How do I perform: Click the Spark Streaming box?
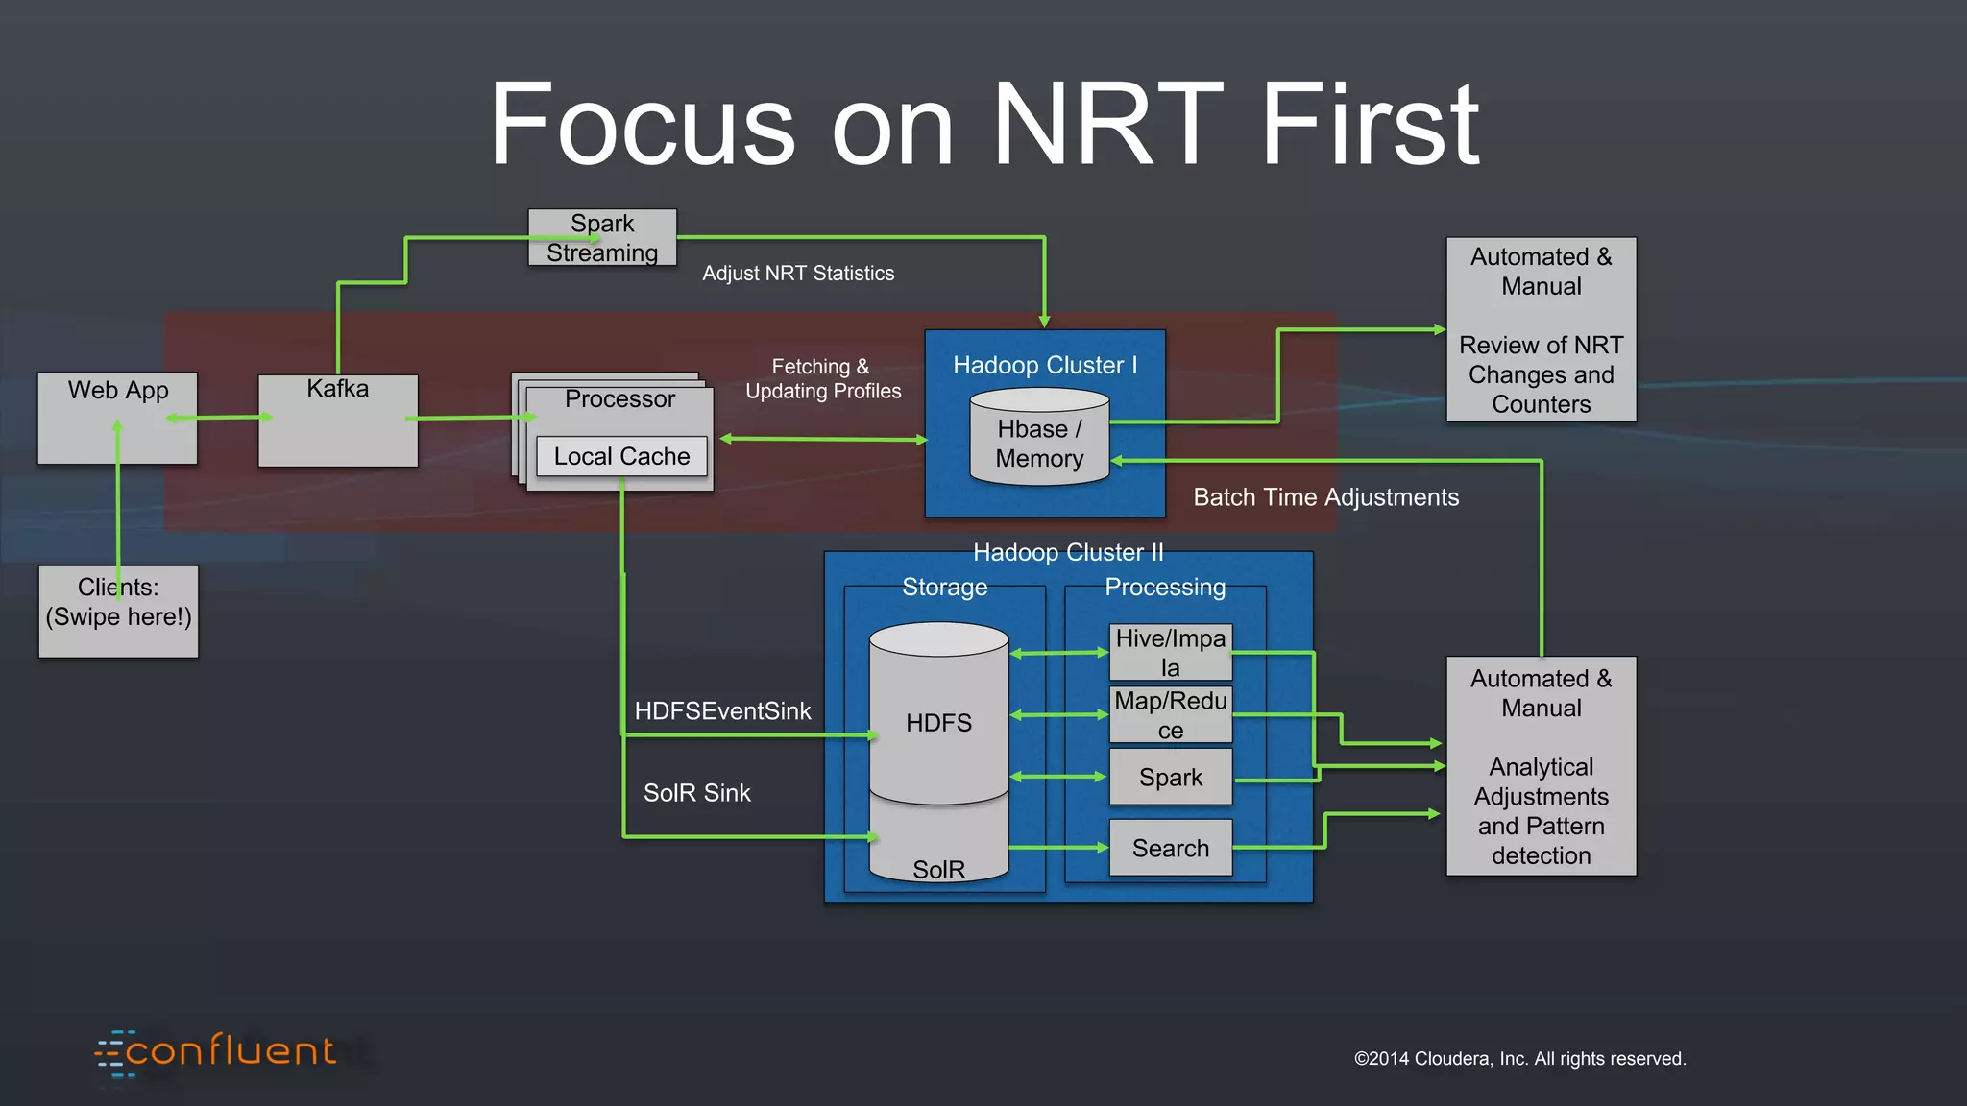click(x=602, y=237)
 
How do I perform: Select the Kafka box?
click(x=337, y=421)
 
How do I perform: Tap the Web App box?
click(x=117, y=418)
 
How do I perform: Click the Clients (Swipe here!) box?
click(x=118, y=612)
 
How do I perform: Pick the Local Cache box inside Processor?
click(x=621, y=456)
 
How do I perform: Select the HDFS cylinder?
click(x=938, y=715)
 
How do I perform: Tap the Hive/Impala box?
click(x=1170, y=653)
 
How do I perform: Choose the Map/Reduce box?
click(x=1170, y=715)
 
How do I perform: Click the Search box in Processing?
click(x=1170, y=848)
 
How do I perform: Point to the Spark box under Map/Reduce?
click(x=1170, y=777)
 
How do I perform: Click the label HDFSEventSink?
click(x=722, y=711)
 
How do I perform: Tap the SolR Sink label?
click(x=696, y=793)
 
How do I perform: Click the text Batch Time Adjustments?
click(x=1325, y=497)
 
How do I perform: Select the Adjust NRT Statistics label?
click(x=798, y=274)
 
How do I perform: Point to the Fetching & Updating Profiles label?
click(x=823, y=379)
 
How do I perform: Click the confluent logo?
click(x=217, y=1053)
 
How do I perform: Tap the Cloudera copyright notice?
click(x=1519, y=1059)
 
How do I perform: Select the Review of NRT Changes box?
click(x=1541, y=329)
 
